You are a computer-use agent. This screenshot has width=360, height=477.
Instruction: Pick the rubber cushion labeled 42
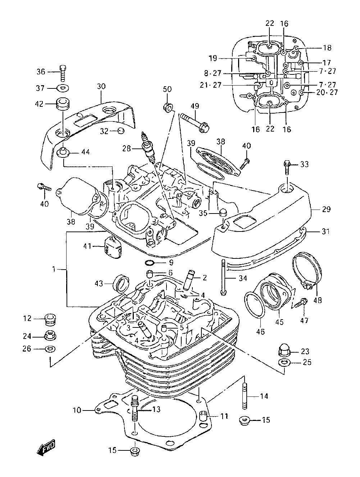(63, 104)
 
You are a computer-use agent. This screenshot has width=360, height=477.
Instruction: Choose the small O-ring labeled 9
(150, 263)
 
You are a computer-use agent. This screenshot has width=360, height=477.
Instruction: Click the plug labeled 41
(113, 247)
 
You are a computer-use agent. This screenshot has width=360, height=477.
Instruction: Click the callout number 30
(101, 87)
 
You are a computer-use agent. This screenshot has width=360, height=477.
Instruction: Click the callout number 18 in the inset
(327, 47)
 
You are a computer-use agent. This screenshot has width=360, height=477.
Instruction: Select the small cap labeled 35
(222, 212)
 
